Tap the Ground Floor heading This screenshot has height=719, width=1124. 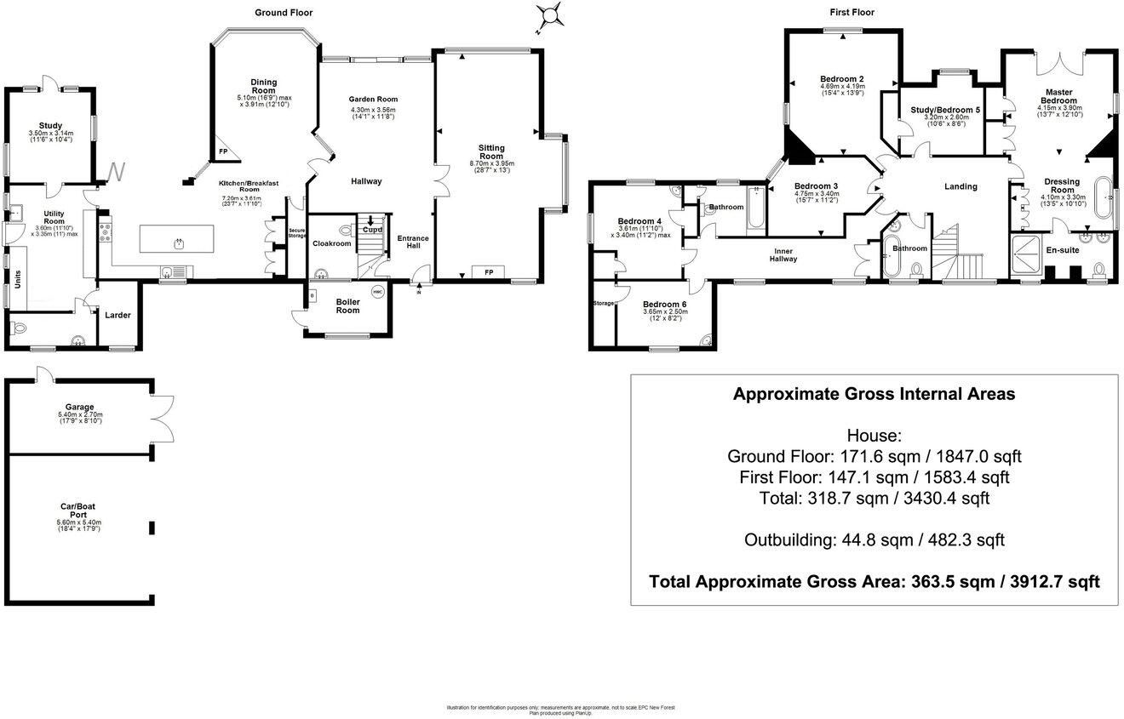point(284,13)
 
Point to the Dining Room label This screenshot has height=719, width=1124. point(264,86)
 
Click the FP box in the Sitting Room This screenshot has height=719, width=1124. point(489,272)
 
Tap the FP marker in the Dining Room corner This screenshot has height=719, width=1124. point(224,151)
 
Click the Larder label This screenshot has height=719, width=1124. point(118,316)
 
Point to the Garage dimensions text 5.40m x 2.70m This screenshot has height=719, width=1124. point(82,414)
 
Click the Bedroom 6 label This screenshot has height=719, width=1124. point(665,305)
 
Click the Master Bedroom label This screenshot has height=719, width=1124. point(1059,96)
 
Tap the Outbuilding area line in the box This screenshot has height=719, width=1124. point(874,539)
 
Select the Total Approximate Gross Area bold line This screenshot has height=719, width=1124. point(874,582)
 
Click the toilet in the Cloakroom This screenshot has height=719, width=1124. point(347,230)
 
